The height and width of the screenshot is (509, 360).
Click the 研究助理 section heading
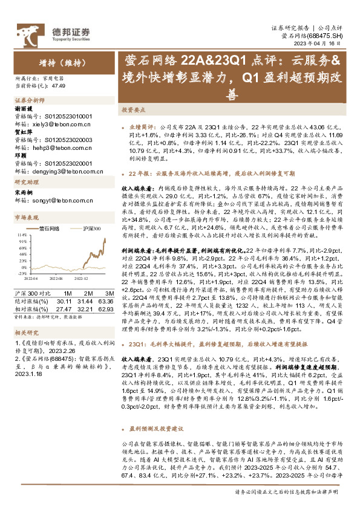pos(25,182)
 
